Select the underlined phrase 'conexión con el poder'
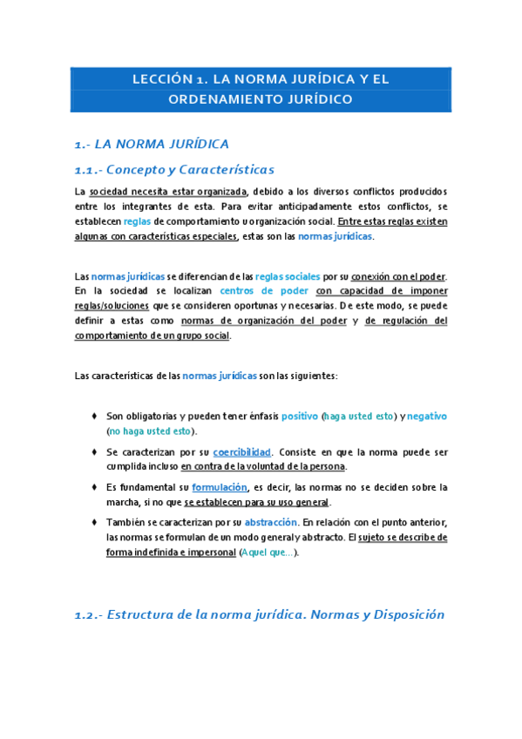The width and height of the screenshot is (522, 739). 398,276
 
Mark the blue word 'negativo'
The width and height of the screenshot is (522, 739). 427,417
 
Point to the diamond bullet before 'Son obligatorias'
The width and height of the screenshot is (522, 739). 93,417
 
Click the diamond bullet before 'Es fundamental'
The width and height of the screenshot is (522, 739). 93,487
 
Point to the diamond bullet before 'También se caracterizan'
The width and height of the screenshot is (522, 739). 93,522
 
